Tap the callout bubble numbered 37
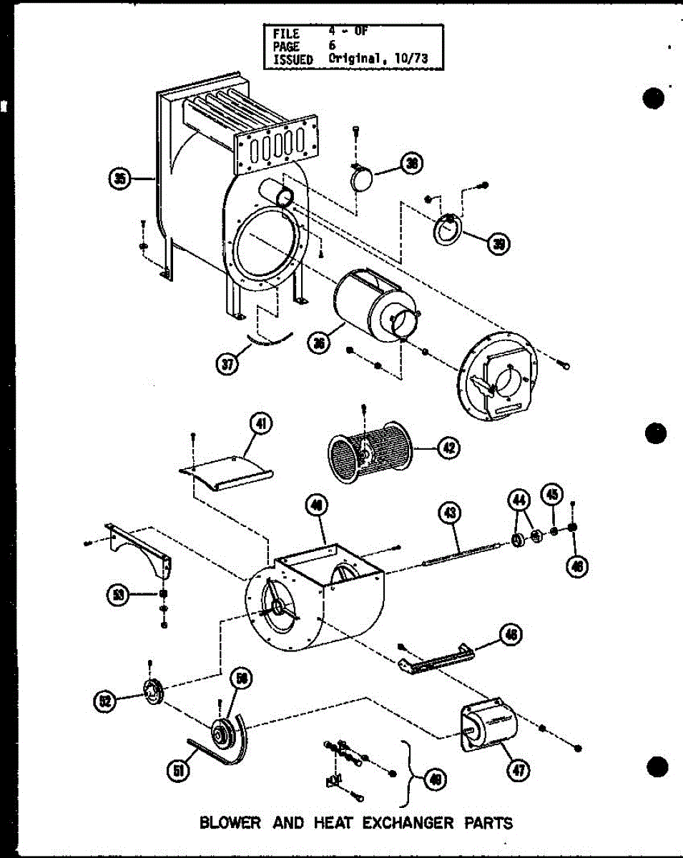[x=227, y=363]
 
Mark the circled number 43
[x=450, y=512]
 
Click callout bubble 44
[x=519, y=498]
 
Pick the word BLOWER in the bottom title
[x=230, y=823]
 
